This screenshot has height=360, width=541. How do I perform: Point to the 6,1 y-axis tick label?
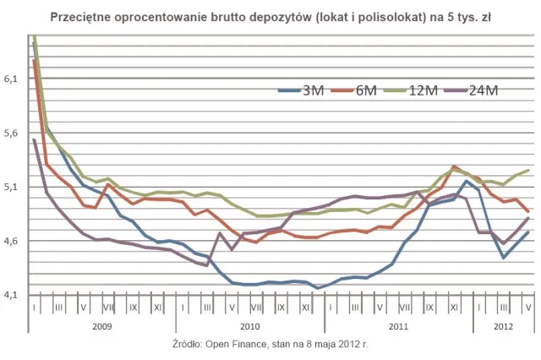[12, 79]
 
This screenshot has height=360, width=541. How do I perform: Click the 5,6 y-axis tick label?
[12, 133]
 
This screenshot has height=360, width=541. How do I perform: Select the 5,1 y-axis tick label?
[12, 187]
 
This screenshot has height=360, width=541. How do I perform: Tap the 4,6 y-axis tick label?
[12, 241]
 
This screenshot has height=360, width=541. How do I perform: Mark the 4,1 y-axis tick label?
[12, 295]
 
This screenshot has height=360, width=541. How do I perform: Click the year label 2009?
[101, 325]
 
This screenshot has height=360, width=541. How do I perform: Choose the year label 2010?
[249, 325]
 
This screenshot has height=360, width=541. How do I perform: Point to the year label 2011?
[397, 325]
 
